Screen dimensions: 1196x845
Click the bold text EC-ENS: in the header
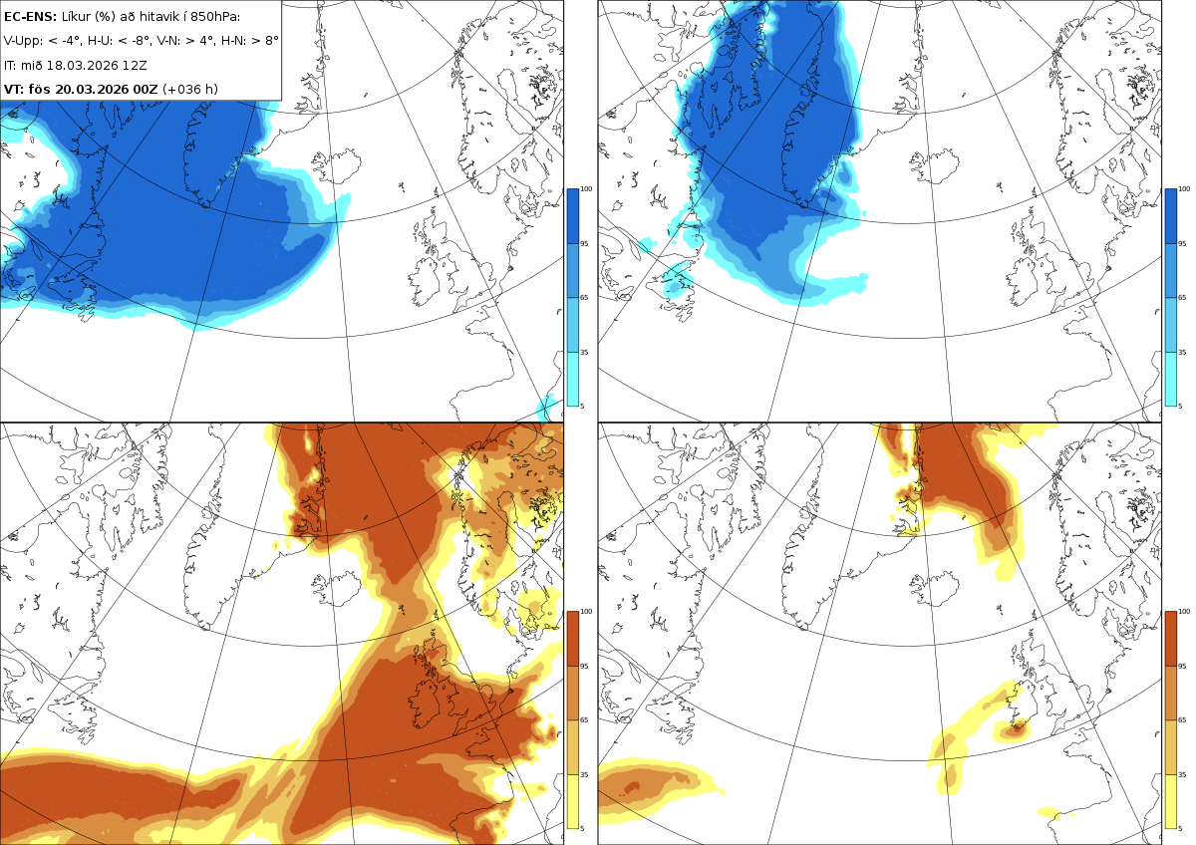[x=30, y=17]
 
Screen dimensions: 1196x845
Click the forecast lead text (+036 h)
[x=190, y=89]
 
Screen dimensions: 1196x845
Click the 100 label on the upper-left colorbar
[x=586, y=189]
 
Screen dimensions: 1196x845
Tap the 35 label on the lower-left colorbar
[x=584, y=774]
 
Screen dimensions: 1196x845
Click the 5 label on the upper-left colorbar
[x=582, y=407]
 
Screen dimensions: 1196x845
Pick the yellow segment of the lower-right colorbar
[x=1170, y=801]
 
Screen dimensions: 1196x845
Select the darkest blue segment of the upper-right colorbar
[x=1170, y=216]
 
